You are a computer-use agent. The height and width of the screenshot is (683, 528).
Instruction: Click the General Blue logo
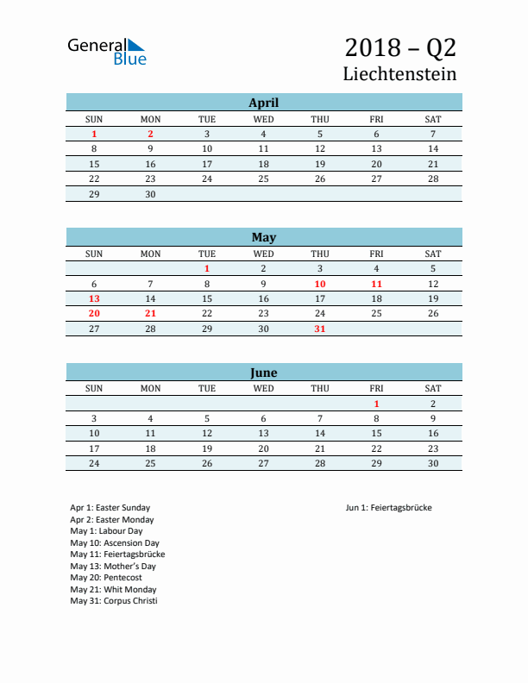click(x=107, y=52)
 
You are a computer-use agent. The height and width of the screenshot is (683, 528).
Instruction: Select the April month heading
click(x=264, y=102)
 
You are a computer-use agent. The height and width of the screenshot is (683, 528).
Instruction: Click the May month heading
click(x=264, y=237)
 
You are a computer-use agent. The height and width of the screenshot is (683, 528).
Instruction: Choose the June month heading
click(x=264, y=373)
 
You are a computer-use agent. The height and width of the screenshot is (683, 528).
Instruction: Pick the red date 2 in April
click(x=150, y=134)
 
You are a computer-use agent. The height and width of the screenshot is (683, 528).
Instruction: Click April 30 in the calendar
click(x=150, y=194)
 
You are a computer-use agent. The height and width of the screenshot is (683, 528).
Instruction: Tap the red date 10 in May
click(x=320, y=284)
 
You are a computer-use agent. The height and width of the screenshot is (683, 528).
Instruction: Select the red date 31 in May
click(x=320, y=329)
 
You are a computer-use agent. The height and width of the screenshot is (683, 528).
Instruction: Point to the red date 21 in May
click(x=150, y=314)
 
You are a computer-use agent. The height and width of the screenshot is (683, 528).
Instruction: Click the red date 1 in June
click(x=376, y=404)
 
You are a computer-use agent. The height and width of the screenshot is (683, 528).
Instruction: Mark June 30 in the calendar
click(x=433, y=463)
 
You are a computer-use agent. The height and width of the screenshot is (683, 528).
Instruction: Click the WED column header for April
click(x=263, y=119)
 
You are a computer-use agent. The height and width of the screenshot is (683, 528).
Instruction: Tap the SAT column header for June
click(x=433, y=388)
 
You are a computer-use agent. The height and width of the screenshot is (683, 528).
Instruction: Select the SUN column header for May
click(x=94, y=254)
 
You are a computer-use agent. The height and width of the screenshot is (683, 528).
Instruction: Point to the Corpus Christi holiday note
click(x=114, y=600)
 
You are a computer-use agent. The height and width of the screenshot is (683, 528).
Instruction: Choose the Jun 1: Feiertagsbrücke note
click(x=388, y=508)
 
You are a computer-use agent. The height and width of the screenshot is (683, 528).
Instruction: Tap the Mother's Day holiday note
click(x=113, y=566)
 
